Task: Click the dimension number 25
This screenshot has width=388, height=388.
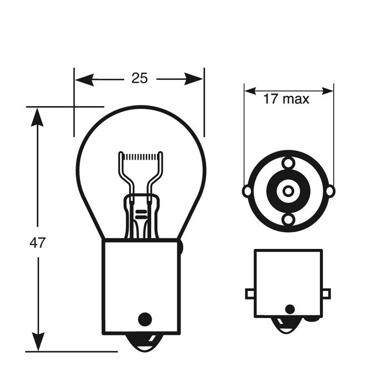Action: click(x=140, y=78)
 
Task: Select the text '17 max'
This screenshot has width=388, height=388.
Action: click(x=286, y=99)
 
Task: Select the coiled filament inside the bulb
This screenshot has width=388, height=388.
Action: click(x=142, y=157)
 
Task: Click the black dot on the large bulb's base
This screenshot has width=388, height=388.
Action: click(x=144, y=319)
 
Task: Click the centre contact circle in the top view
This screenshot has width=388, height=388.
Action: click(x=288, y=191)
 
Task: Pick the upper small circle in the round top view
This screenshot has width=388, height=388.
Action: click(x=288, y=164)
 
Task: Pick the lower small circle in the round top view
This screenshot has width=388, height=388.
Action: click(x=288, y=220)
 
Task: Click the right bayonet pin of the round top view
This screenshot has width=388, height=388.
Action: click(x=330, y=191)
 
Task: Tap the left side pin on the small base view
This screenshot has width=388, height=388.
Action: click(x=250, y=293)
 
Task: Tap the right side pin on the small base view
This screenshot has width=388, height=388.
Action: click(x=326, y=293)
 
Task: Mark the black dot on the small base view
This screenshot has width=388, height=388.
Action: click(x=289, y=309)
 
